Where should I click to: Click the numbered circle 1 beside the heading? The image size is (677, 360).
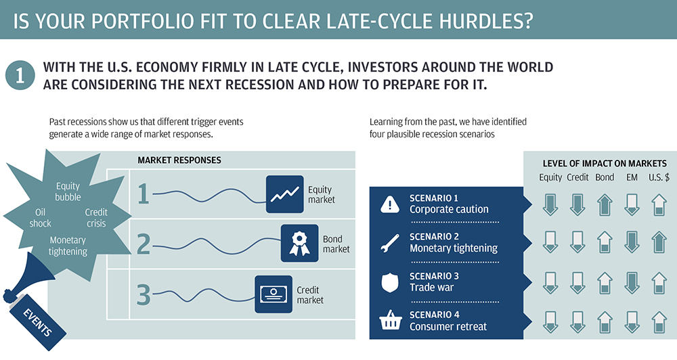point(20,75)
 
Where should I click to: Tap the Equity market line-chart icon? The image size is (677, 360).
point(284,194)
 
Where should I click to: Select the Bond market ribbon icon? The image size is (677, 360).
point(300,243)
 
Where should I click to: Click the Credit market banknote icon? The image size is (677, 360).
point(274,294)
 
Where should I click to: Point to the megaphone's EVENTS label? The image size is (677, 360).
point(37,323)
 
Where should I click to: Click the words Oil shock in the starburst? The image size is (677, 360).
point(40,217)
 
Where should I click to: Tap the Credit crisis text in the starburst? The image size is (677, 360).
point(96,217)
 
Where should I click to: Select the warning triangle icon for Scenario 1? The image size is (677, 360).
point(390,204)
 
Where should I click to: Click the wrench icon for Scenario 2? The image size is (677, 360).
point(390,243)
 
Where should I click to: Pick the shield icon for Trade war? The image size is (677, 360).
point(390,282)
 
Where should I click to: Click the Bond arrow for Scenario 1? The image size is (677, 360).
point(605,204)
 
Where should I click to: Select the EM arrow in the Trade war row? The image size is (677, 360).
point(632,283)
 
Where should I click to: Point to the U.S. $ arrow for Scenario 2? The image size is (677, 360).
point(659,242)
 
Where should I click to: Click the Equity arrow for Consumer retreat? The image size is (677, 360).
point(550,322)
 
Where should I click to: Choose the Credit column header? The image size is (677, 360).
point(577,177)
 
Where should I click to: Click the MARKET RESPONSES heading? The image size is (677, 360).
point(179,160)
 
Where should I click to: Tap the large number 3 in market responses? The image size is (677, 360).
point(144,295)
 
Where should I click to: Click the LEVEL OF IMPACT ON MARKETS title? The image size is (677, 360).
point(605,164)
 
